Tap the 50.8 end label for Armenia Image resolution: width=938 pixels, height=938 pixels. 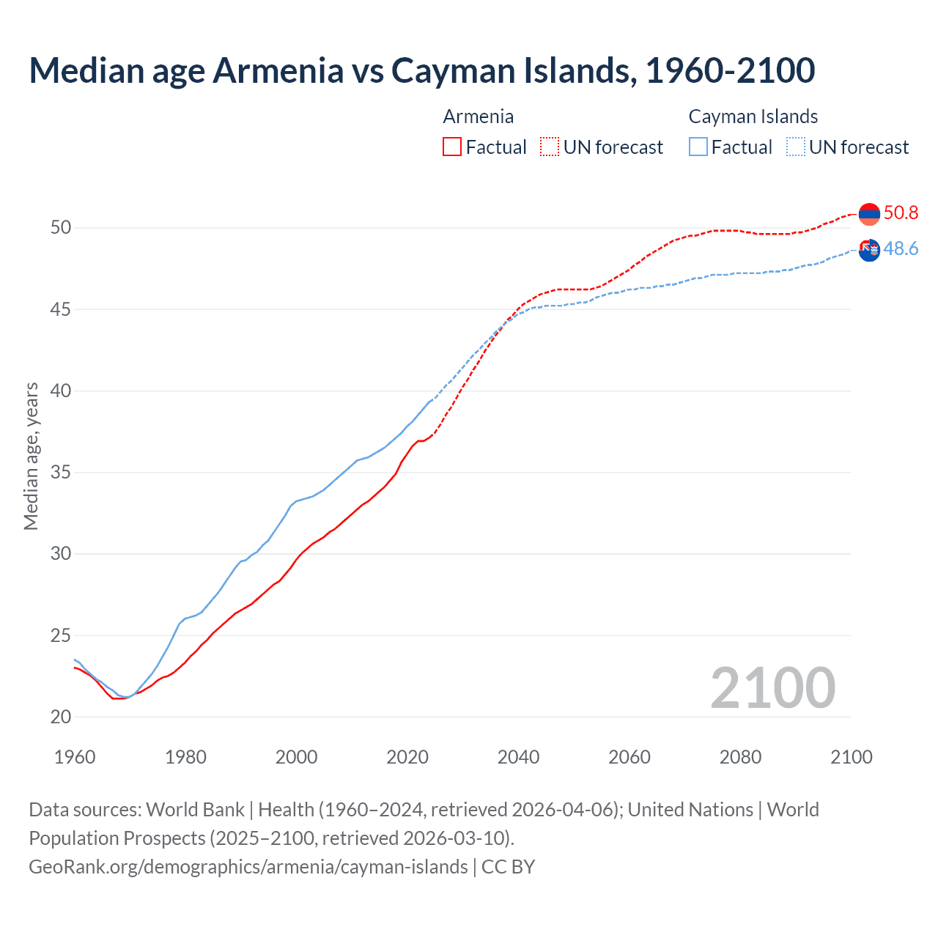point(901,213)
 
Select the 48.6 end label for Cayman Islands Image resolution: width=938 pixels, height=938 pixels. point(901,248)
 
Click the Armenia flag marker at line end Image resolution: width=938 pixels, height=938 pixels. point(869,214)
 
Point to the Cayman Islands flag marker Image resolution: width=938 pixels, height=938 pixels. point(869,250)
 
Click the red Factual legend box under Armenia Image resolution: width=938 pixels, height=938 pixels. point(452,147)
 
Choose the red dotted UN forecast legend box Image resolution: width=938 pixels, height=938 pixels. point(550,147)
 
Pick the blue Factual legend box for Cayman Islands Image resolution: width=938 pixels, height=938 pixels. point(698,147)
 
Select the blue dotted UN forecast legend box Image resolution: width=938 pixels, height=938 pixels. point(796,147)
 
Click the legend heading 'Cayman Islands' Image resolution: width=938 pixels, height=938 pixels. point(753,117)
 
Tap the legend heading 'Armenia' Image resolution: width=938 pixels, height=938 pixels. point(478,117)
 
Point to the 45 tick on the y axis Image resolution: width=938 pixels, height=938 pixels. point(61,309)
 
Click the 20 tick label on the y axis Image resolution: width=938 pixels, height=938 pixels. point(61,717)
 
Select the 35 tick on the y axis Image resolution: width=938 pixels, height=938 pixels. point(61,472)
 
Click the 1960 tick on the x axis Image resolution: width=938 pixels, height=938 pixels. point(75,756)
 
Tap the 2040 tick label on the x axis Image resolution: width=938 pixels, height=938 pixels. point(518,756)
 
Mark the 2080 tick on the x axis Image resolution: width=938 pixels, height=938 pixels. point(740,756)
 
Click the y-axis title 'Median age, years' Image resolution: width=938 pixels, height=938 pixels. point(31,456)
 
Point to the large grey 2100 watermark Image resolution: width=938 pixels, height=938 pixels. point(772,687)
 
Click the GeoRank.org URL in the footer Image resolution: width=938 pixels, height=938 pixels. point(248,866)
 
